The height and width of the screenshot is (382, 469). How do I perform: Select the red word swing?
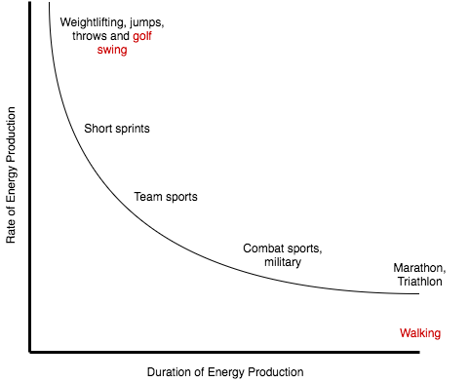coord(112,50)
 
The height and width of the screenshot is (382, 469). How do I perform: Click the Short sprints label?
coord(116,129)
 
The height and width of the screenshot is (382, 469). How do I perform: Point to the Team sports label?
coord(166,197)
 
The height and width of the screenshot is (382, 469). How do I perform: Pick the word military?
coord(283,262)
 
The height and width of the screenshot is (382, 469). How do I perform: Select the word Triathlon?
coord(419,282)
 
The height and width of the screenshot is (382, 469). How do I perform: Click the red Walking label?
coord(420,333)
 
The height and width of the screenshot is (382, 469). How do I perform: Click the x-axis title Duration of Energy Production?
coord(225,371)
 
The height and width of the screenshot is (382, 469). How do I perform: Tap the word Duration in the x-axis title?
coord(170,371)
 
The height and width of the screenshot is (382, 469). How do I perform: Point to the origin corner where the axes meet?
coord(30,352)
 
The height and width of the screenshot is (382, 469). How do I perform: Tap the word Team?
coord(147,197)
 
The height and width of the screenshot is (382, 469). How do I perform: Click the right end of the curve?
coord(420,293)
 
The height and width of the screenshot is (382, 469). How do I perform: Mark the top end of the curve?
coord(49,3)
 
